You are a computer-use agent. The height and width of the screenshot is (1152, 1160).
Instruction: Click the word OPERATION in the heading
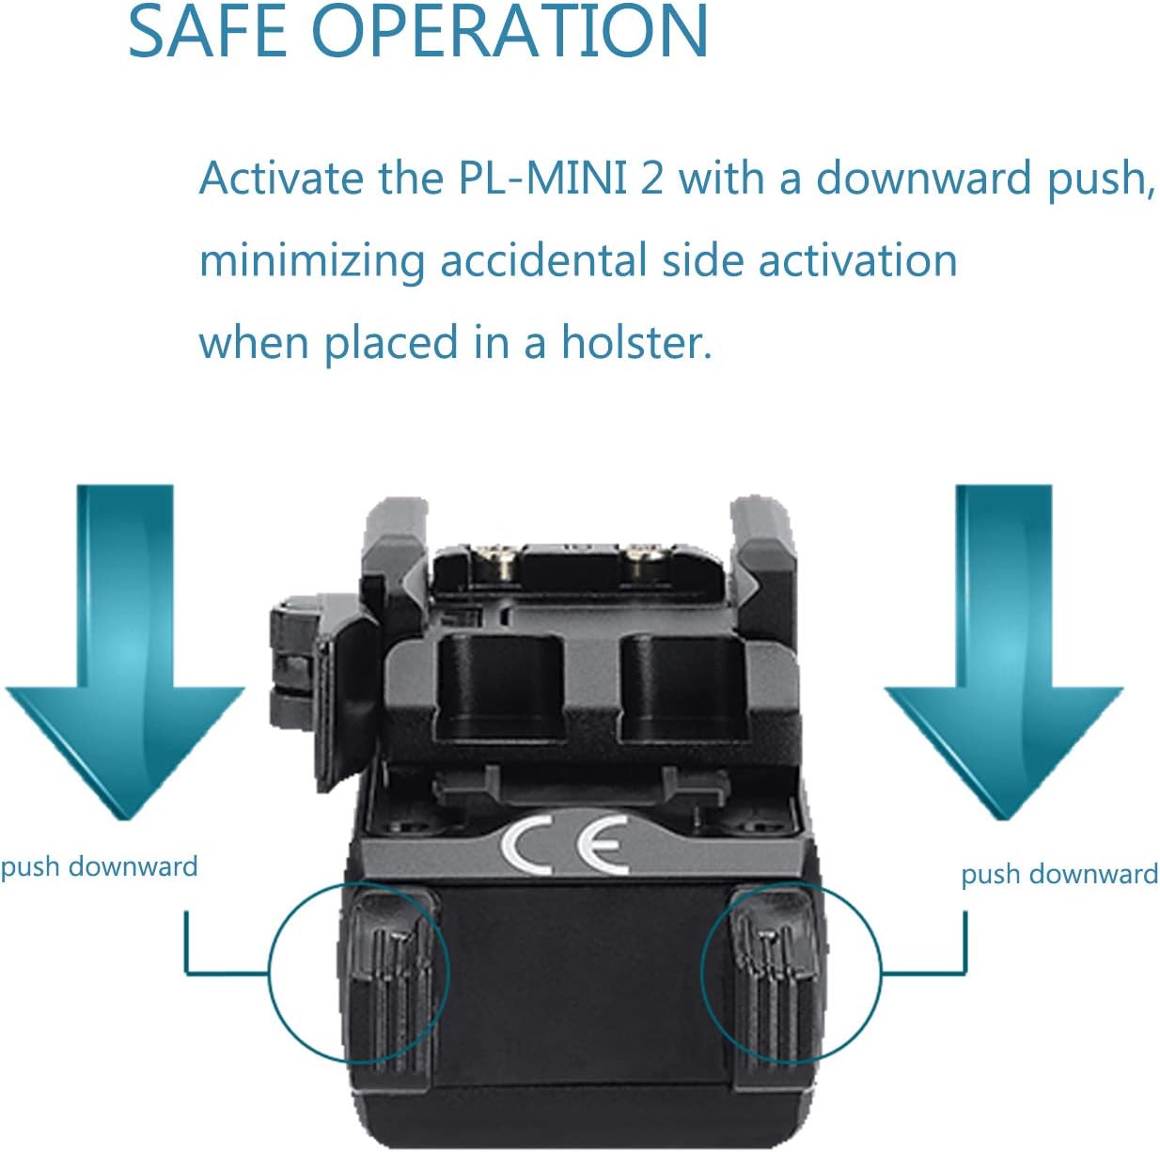509,30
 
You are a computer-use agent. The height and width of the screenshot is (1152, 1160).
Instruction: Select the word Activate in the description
281,179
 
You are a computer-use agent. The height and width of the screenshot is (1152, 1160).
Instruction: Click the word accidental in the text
543,260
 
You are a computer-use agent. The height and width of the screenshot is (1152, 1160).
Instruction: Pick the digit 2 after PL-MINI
651,179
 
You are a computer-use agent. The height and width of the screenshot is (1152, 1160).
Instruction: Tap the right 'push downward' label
1059,876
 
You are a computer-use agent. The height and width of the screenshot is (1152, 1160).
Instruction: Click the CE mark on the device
565,845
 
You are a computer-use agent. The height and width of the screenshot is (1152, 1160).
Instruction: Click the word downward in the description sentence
922,179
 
